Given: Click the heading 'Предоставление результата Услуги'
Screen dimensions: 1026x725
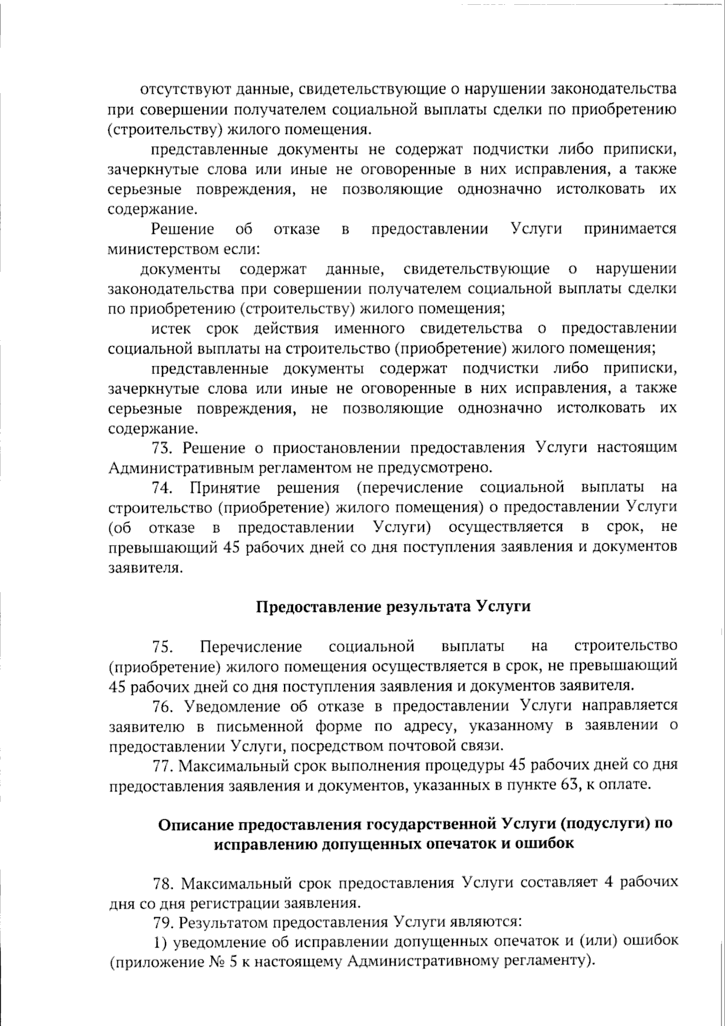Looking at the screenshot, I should [x=393, y=607].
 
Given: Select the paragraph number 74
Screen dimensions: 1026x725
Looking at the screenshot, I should [x=163, y=488].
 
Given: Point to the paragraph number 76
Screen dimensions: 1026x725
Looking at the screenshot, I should [x=163, y=706].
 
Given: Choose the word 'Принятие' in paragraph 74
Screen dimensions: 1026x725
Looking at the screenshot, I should [x=225, y=488].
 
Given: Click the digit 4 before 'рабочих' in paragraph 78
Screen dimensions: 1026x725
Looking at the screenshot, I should [x=608, y=883].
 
